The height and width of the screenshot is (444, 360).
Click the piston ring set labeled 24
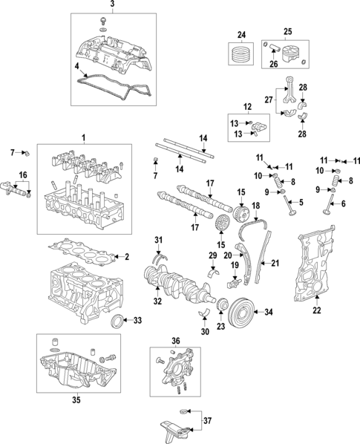(240, 57)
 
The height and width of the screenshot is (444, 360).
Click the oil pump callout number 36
(176, 340)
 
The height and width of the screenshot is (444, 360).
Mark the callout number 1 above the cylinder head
(83, 137)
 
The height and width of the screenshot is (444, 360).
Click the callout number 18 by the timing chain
(255, 204)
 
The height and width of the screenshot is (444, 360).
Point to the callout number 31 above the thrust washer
(157, 238)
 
